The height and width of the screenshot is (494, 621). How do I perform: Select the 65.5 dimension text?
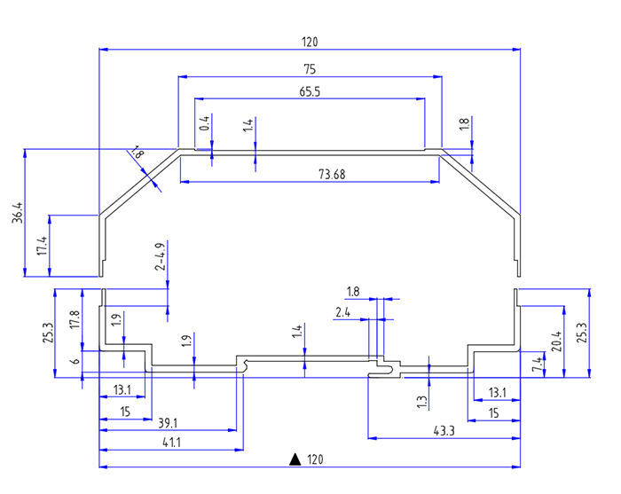click(310, 91)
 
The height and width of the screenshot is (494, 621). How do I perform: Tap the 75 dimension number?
click(310, 69)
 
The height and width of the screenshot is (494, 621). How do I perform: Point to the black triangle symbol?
click(294, 459)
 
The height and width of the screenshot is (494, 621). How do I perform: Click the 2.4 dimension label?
click(344, 312)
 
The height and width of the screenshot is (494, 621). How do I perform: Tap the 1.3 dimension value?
click(422, 401)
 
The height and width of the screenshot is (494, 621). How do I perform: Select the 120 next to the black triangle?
click(315, 459)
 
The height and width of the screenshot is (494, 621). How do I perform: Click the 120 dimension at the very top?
click(310, 42)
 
